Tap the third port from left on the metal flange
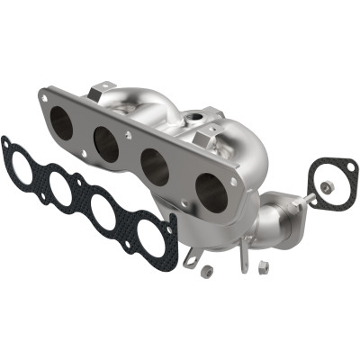pyautogui.click(x=156, y=166)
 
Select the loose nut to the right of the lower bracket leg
pyautogui.click(x=265, y=265)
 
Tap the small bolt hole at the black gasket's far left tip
pyautogui.click(x=8, y=141)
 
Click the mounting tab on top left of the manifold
pyautogui.click(x=103, y=86)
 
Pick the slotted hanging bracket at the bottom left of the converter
pyautogui.click(x=190, y=256)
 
